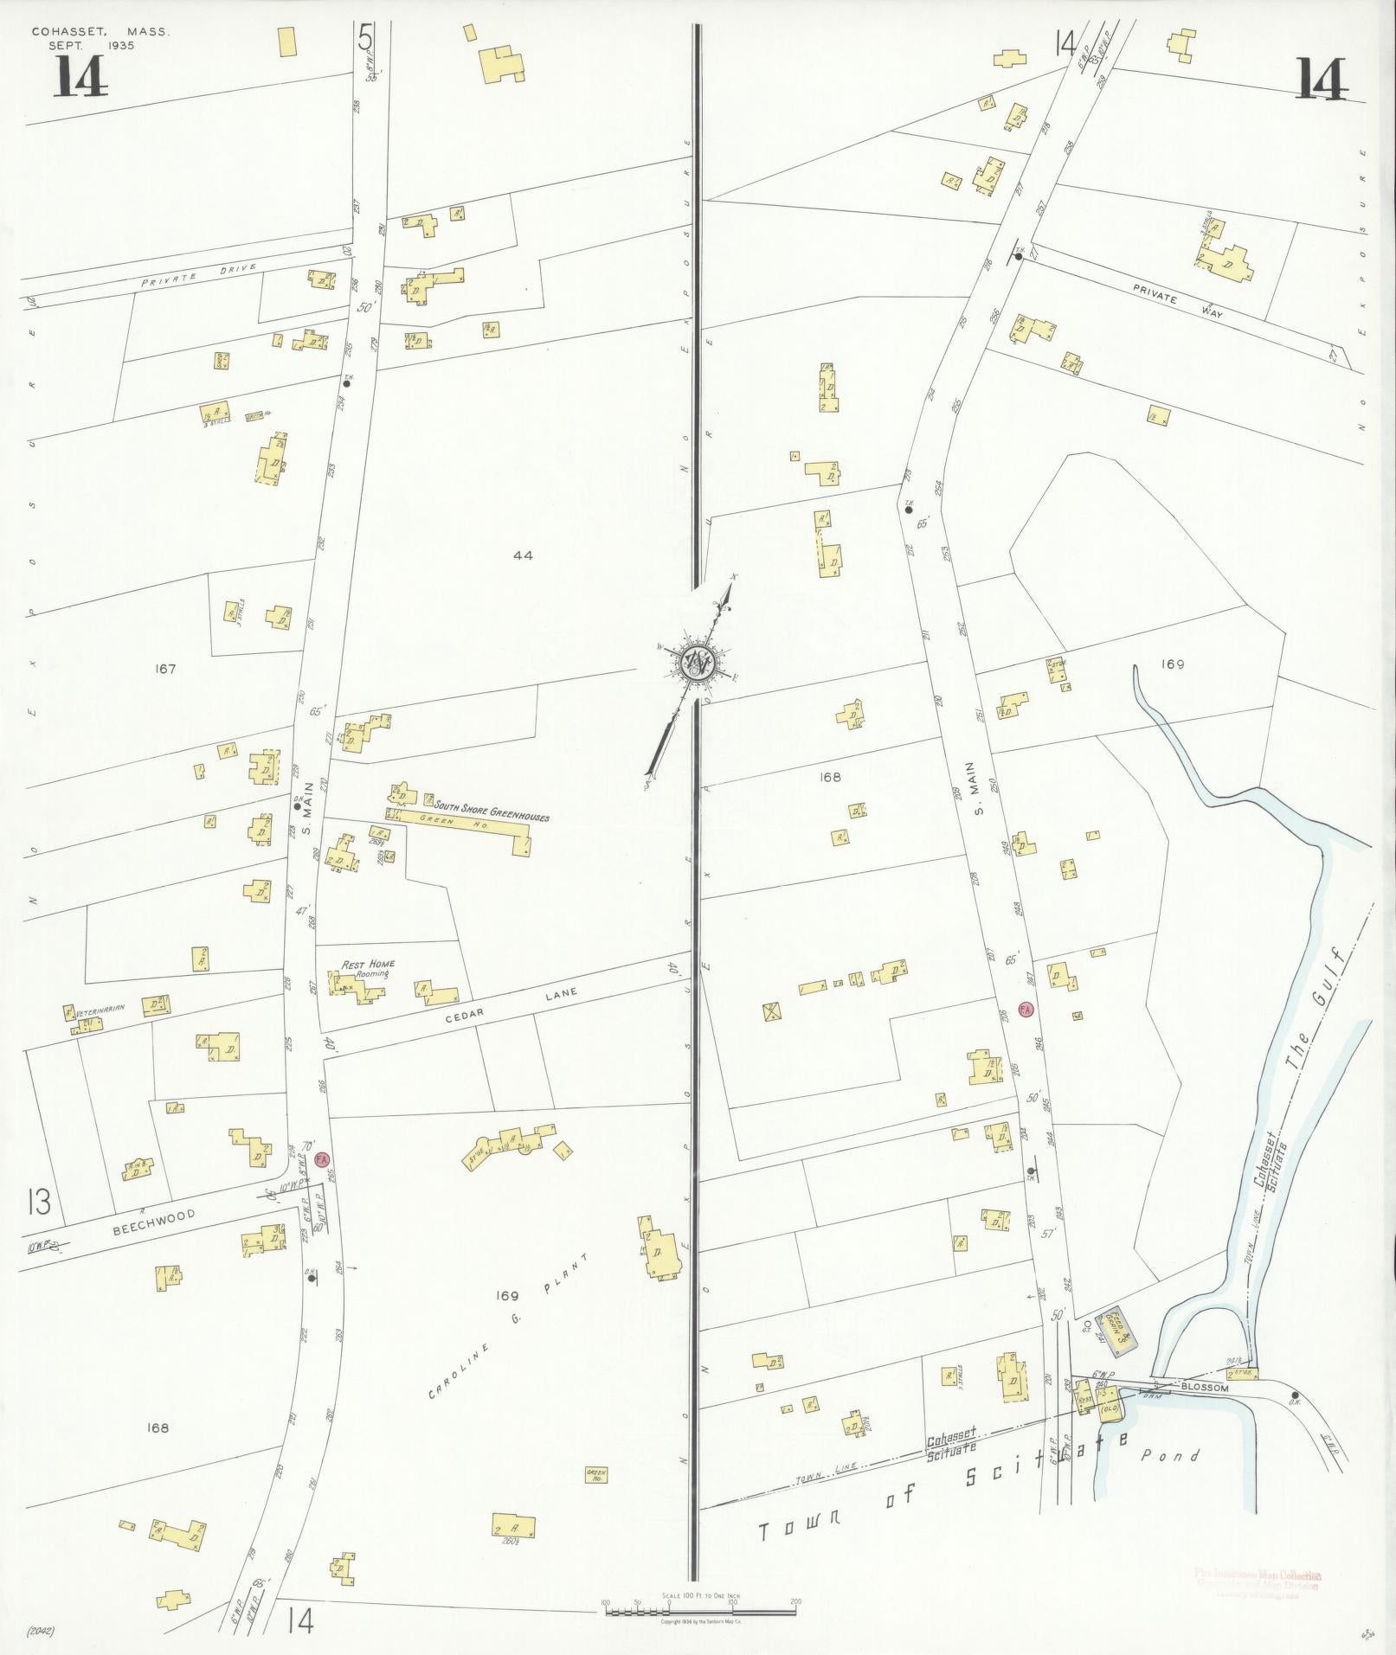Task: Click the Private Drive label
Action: click(201, 273)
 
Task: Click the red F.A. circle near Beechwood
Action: click(323, 1158)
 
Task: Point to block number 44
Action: click(522, 555)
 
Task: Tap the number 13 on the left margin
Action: click(38, 1203)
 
